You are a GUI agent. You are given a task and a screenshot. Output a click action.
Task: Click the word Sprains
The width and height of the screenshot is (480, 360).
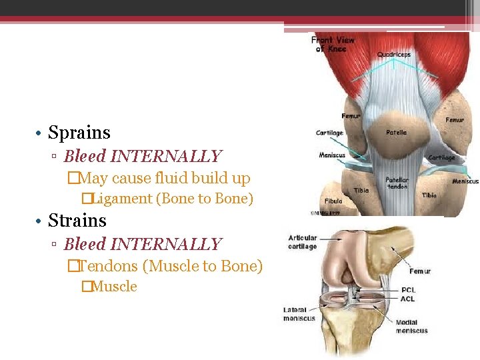point(79,133)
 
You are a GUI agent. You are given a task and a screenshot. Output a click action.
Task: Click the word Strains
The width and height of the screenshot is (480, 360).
point(77,220)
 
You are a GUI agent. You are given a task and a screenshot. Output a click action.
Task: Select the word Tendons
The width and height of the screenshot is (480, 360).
point(112,266)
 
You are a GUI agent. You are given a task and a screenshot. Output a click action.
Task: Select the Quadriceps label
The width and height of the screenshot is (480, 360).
point(393,54)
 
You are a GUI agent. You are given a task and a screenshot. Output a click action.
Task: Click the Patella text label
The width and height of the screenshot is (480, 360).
point(396,133)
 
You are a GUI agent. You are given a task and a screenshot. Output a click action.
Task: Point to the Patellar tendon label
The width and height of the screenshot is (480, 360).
point(397,183)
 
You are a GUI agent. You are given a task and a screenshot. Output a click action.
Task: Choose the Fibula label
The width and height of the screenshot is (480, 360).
point(333,201)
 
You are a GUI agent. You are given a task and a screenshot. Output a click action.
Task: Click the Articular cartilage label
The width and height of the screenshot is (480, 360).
point(303,242)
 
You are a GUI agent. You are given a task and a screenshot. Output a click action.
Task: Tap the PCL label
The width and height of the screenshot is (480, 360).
point(409,290)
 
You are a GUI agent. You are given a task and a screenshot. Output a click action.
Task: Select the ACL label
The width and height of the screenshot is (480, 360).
point(408,299)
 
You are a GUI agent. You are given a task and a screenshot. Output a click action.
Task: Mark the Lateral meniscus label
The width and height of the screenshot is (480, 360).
point(299,314)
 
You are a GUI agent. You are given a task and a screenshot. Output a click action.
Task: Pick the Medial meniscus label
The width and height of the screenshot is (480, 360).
point(411,327)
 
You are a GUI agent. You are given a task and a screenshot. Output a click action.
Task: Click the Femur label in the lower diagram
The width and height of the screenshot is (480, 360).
point(420,271)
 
